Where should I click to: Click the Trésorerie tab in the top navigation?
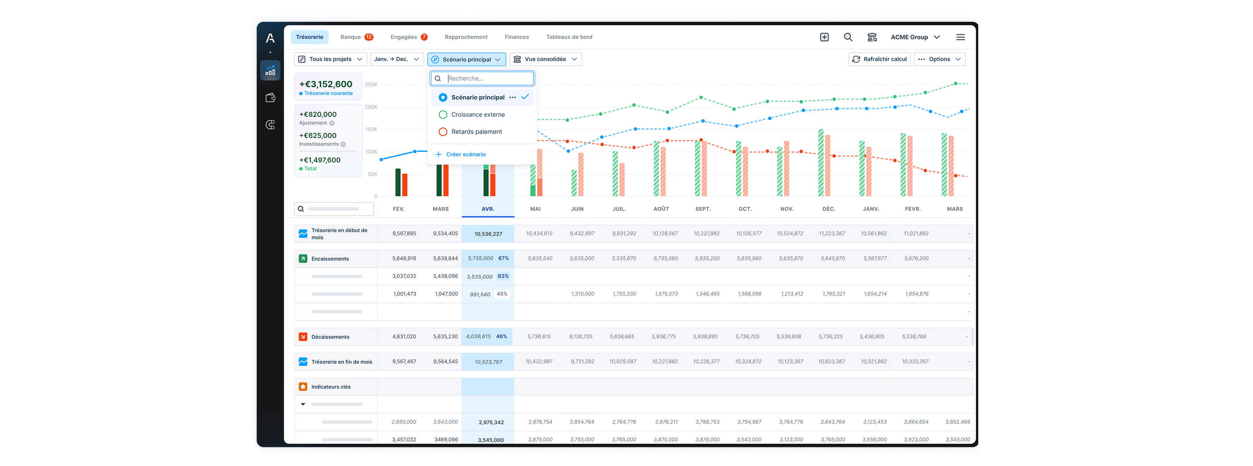coord(309,37)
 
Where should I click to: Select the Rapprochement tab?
coord(465,37)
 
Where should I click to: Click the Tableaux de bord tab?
coord(569,37)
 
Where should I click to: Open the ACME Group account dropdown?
coord(915,37)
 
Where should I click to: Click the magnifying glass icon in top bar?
coord(848,37)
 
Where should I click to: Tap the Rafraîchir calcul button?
coord(880,59)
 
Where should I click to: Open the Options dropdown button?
coord(939,59)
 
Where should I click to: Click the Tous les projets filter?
coord(330,59)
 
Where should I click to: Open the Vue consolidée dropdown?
coord(545,59)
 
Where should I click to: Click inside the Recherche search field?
coord(488,78)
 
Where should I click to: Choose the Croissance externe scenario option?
coord(478,115)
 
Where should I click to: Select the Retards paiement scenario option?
coord(476,132)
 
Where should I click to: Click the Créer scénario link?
coord(465,154)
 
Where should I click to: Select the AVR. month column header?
coord(488,209)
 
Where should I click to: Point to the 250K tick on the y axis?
coord(371,85)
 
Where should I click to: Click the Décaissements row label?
coord(330,337)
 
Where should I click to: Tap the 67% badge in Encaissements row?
coord(504,258)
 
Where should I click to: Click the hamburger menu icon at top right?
coord(960,37)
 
